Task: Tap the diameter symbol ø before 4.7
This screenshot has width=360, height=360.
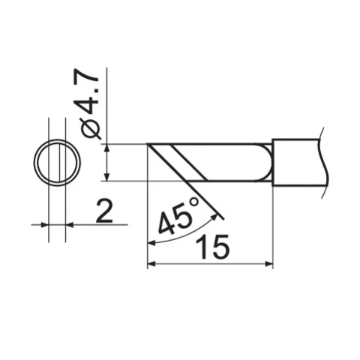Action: pyautogui.click(x=89, y=128)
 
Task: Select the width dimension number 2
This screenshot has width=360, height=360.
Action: pyautogui.click(x=104, y=213)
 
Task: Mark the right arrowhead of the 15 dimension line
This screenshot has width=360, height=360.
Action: pyautogui.click(x=268, y=264)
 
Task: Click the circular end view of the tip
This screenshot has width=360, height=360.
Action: pyautogui.click(x=57, y=162)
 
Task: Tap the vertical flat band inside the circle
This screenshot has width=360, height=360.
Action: pyautogui.click(x=57, y=162)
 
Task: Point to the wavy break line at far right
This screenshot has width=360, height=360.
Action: pyautogui.click(x=324, y=161)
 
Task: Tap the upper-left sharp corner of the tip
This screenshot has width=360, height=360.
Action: pyautogui.click(x=148, y=144)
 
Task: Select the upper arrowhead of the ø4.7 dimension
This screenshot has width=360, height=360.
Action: pyautogui.click(x=109, y=148)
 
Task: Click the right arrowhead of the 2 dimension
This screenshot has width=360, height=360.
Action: pyautogui.click(x=70, y=223)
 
